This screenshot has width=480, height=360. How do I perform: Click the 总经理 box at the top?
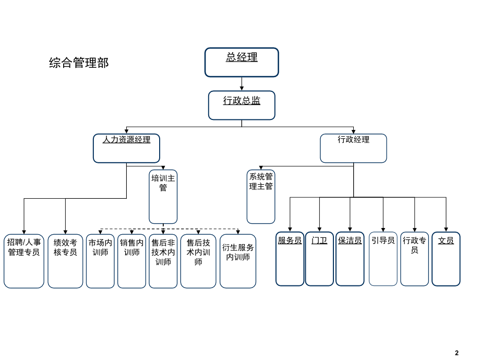[x=242, y=62]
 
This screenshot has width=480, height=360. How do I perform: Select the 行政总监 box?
[x=242, y=105]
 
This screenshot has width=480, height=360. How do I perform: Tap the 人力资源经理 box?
[x=126, y=148]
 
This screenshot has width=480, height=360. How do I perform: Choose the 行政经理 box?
[x=353, y=148]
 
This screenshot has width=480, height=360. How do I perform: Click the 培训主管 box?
[x=163, y=197]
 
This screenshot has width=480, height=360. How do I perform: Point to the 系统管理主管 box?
[x=261, y=197]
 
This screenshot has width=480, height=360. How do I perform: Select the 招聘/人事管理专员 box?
[x=24, y=261]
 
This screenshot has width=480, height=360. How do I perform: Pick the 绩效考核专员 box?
[x=65, y=261]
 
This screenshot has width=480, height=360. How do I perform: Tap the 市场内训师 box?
[x=100, y=261]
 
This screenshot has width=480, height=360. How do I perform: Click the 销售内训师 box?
[x=131, y=261]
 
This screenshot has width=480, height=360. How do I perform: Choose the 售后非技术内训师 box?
[x=163, y=261]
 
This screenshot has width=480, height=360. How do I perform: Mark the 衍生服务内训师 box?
[x=238, y=261]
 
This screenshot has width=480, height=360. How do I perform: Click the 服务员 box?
[x=290, y=259]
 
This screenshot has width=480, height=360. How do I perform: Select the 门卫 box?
[x=319, y=259]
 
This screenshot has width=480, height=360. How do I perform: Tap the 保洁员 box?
[x=350, y=259]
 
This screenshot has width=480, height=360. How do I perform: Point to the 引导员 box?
[x=383, y=259]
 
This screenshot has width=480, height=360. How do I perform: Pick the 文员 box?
[x=446, y=259]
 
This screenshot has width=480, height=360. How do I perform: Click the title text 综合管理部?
[x=79, y=63]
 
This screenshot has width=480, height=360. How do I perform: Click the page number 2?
[x=457, y=353]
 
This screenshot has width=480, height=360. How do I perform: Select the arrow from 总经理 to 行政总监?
[x=242, y=84]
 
